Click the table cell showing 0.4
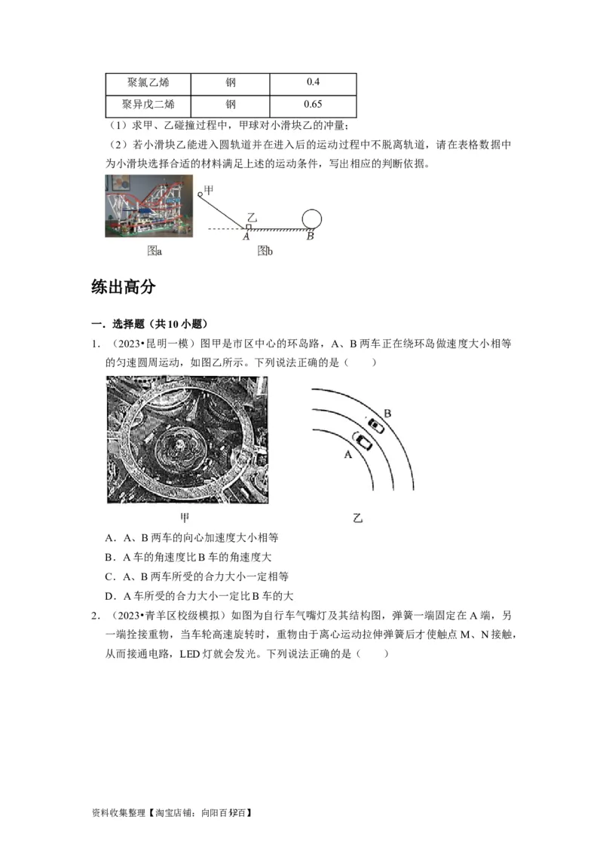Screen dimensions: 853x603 click(313, 82)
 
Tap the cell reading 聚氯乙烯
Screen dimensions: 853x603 click(147, 82)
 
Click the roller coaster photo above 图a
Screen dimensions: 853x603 click(150, 206)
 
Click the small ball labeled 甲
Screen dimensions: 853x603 click(201, 194)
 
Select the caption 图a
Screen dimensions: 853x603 click(155, 251)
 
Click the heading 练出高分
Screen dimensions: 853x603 click(123, 286)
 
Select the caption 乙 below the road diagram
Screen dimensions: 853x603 click(357, 518)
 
